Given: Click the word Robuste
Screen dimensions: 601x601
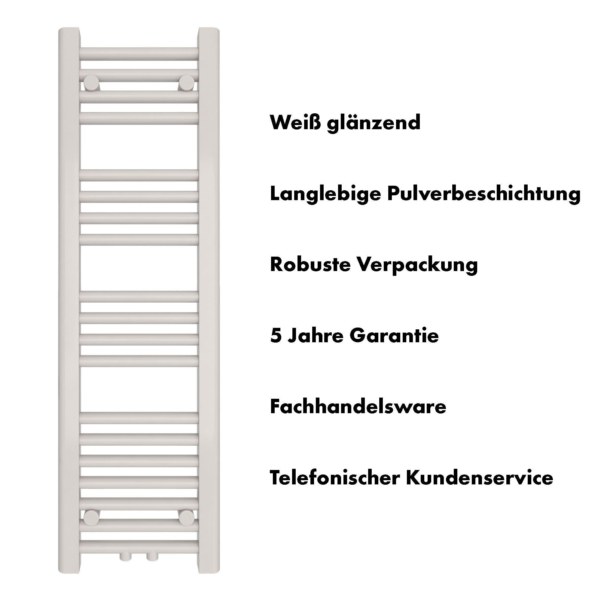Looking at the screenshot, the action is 310,264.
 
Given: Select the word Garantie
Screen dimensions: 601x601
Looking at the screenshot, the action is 394,336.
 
